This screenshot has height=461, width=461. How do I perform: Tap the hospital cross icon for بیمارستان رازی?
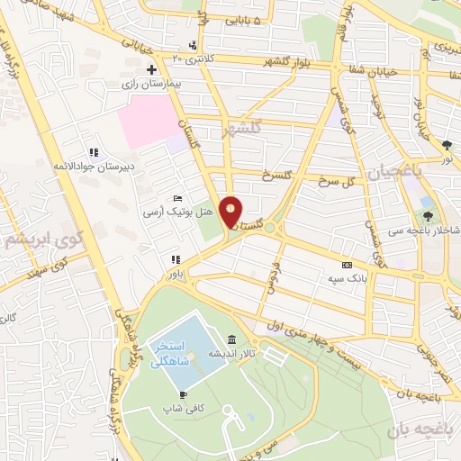tap(152, 69)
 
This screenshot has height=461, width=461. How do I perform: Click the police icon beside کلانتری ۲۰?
tap(194, 45)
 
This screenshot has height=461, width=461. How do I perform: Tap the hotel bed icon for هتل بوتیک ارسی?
tap(177, 199)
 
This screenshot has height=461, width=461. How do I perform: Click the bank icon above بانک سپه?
tap(348, 265)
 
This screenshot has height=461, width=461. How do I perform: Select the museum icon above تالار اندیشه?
tap(233, 339)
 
